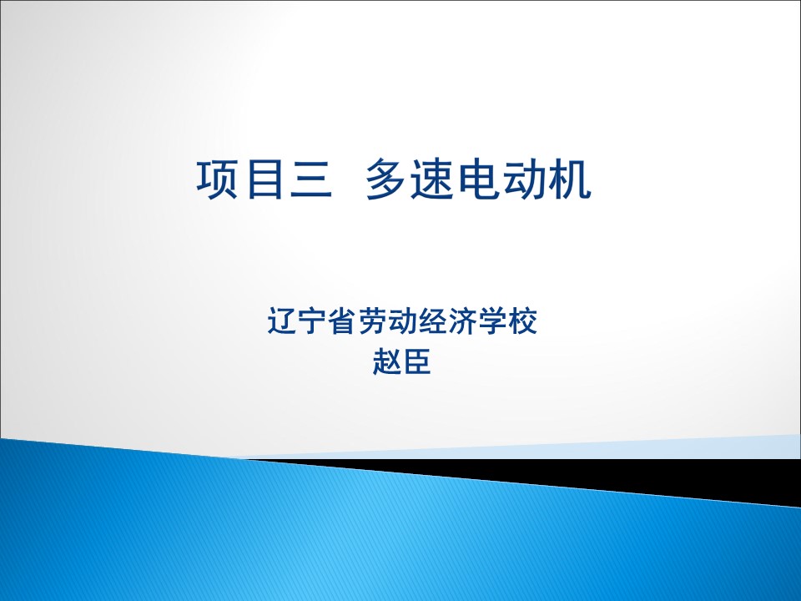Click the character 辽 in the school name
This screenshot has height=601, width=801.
coord(282,321)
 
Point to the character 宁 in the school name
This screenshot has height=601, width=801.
coord(312,321)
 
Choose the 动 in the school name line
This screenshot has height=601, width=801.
coord(402,321)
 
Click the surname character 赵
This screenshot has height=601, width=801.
coord(387,361)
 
